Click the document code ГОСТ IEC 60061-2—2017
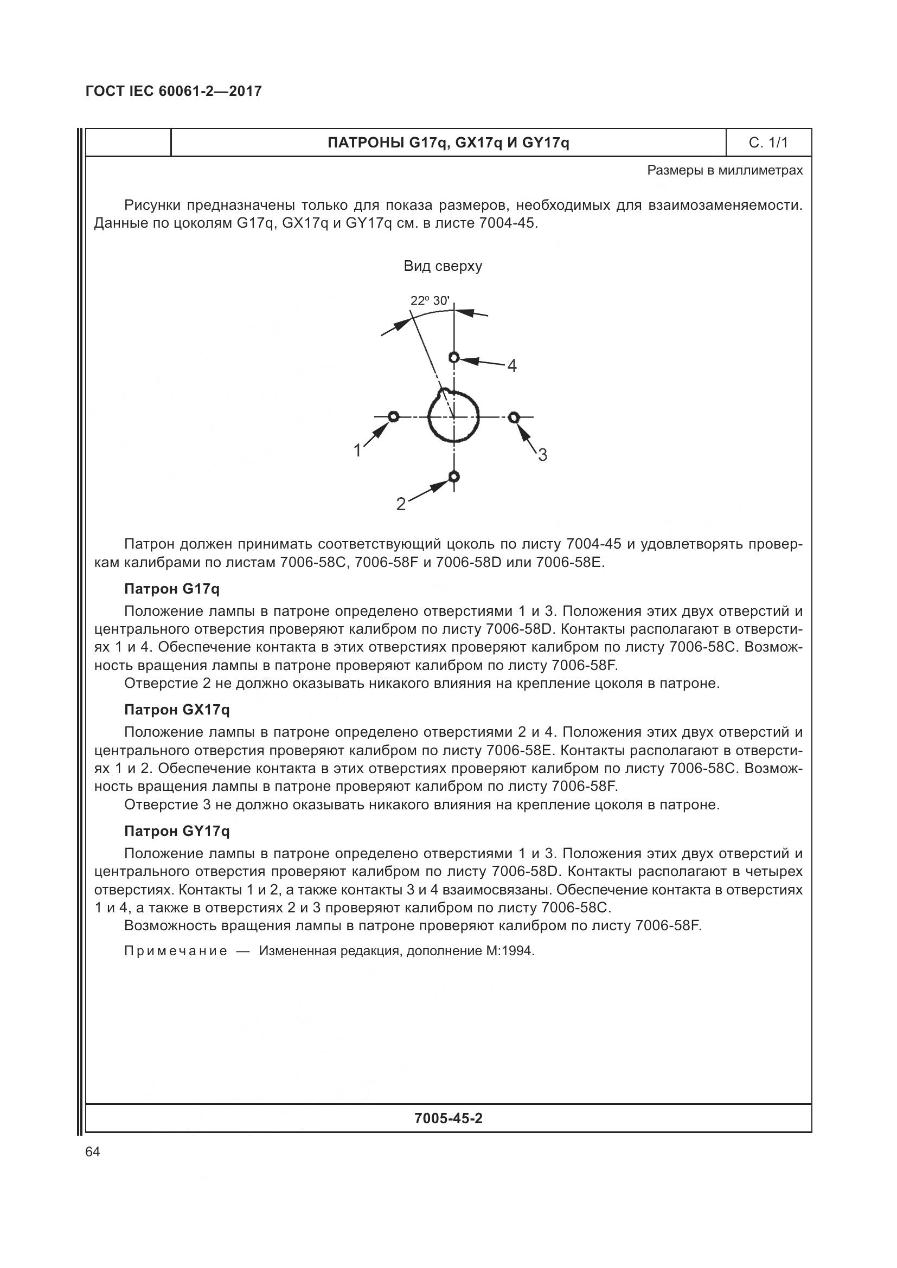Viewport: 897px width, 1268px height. (x=174, y=92)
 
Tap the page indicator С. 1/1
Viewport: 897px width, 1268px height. (x=768, y=143)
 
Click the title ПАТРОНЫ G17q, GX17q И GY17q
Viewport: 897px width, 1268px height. (x=448, y=143)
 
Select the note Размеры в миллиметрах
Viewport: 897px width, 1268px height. (x=725, y=170)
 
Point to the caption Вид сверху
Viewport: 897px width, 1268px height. (x=443, y=266)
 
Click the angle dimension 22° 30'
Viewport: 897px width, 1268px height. (x=429, y=300)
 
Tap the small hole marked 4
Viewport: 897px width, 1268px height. (x=454, y=357)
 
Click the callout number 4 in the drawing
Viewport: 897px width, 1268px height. (x=512, y=365)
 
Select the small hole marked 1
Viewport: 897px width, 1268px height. (x=393, y=416)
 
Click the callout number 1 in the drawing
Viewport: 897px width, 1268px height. (x=357, y=450)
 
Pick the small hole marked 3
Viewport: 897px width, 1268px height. (x=514, y=417)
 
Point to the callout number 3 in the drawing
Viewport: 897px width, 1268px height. (x=542, y=455)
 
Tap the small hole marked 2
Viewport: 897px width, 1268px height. (x=454, y=476)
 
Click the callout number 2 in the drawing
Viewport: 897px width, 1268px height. (x=401, y=504)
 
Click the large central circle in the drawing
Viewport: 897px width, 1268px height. (x=454, y=417)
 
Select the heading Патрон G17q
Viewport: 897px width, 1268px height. (x=172, y=589)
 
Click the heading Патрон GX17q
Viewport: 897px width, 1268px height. (x=177, y=710)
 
